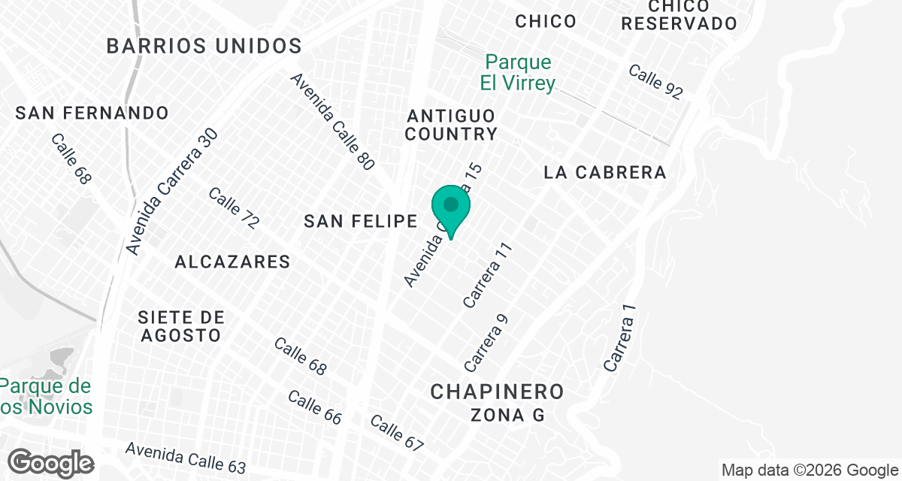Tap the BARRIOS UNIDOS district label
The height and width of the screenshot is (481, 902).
tap(204, 46)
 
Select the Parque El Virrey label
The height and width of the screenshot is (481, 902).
tap(518, 72)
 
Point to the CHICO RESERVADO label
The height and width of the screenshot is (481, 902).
tap(680, 14)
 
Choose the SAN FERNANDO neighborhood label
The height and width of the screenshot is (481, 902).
tap(92, 113)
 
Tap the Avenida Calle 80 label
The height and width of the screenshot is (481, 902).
tap(332, 122)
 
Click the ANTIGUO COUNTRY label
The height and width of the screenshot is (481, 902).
tap(452, 125)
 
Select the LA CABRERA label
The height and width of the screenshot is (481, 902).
tap(605, 173)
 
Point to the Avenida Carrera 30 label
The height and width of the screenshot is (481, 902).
tap(172, 191)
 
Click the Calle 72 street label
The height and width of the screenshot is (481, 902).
tap(234, 209)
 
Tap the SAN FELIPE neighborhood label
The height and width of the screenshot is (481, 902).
tap(361, 221)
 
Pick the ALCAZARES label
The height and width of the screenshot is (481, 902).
tap(232, 262)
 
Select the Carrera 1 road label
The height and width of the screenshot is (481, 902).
tap(620, 337)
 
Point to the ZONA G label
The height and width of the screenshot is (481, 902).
tap(507, 414)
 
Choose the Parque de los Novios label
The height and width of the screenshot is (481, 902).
tap(47, 397)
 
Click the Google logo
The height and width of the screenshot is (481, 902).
tap(51, 462)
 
